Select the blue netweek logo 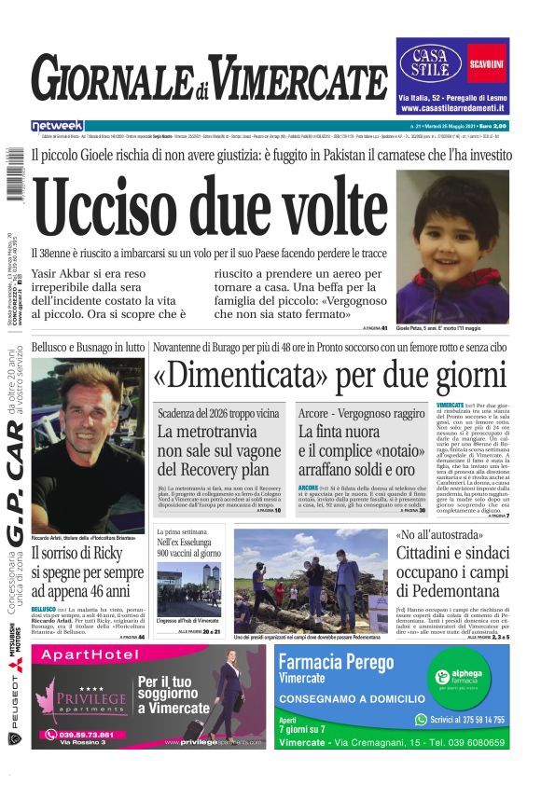pyautogui.click(x=57, y=125)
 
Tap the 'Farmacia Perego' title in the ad pyautogui.click(x=354, y=663)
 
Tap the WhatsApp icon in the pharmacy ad pyautogui.click(x=421, y=720)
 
